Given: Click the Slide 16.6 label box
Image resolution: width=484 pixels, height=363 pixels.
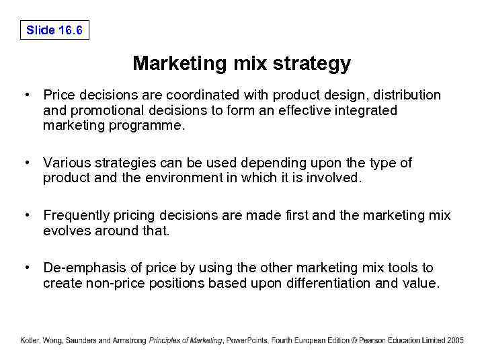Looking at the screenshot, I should point(54,30).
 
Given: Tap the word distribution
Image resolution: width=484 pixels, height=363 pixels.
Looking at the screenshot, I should point(407,95).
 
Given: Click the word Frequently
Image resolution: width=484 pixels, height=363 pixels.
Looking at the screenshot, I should point(76,216).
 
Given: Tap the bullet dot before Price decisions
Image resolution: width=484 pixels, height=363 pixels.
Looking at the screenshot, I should point(25,95).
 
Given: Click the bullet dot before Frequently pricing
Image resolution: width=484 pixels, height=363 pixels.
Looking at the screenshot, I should point(25,216).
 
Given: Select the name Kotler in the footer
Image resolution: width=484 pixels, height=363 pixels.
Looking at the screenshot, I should point(29,340).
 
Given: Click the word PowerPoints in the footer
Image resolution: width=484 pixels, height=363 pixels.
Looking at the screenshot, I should point(248,340).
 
